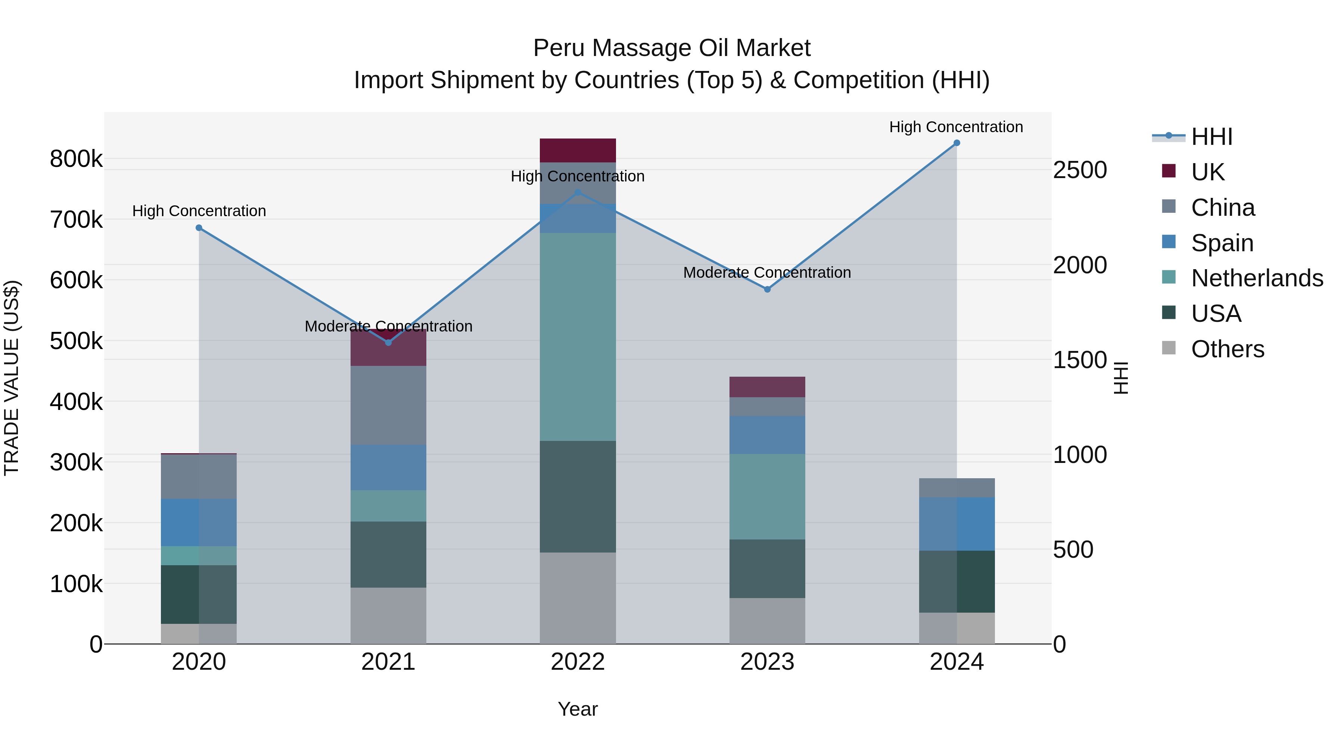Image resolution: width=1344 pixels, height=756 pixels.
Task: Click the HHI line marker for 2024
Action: [x=956, y=143]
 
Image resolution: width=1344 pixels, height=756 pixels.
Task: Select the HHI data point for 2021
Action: [x=388, y=343]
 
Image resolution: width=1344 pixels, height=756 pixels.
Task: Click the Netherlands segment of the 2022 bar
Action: [x=578, y=336]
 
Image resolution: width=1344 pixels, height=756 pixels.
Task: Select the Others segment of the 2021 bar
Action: [x=388, y=616]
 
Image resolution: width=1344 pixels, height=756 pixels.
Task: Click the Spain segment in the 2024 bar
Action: [x=956, y=524]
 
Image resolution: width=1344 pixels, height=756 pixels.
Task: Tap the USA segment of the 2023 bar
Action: [x=767, y=569]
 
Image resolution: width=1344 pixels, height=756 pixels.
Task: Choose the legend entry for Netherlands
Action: [x=1256, y=278]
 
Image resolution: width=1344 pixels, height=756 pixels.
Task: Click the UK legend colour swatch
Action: [x=1169, y=171]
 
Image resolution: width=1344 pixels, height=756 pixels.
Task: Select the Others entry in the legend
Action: [x=1227, y=349]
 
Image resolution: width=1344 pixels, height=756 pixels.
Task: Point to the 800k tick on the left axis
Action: [x=76, y=159]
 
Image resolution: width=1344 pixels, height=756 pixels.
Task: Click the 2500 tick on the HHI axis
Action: [x=1079, y=170]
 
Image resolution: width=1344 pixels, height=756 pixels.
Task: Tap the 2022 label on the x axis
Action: [x=578, y=662]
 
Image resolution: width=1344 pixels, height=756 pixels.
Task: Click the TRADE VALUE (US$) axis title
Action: [x=12, y=378]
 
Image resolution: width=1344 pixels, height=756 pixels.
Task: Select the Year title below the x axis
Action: [x=578, y=709]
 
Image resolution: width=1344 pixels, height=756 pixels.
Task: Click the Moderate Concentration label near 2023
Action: [x=767, y=273]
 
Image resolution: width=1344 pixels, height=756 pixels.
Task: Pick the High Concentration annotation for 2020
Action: [x=199, y=211]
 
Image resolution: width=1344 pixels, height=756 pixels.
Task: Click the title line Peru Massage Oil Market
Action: [x=672, y=48]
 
